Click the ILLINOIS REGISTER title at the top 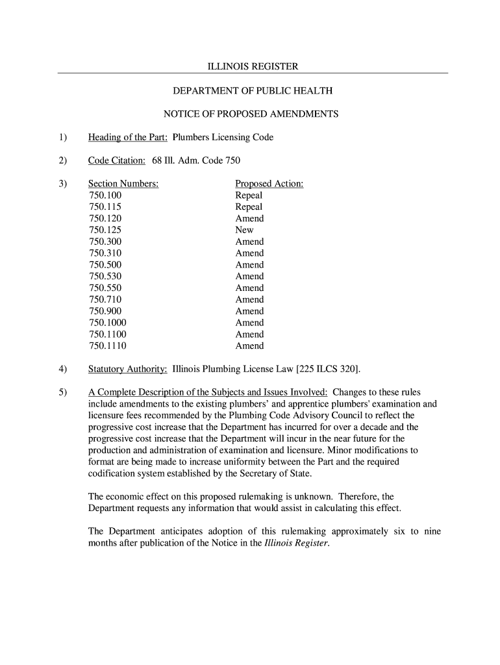click(253, 67)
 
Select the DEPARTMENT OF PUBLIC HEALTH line click(253, 91)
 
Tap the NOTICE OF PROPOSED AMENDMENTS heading click(251, 114)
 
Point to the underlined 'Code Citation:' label click(117, 160)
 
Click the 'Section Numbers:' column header click(123, 184)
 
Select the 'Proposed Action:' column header click(269, 184)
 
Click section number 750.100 click(105, 195)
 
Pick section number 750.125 click(105, 230)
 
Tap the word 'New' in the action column click(244, 230)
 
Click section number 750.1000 click(107, 323)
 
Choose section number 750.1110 click(107, 346)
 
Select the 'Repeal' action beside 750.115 click(249, 207)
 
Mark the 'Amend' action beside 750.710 click(249, 299)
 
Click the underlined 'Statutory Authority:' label click(128, 370)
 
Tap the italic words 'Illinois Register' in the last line click(297, 543)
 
